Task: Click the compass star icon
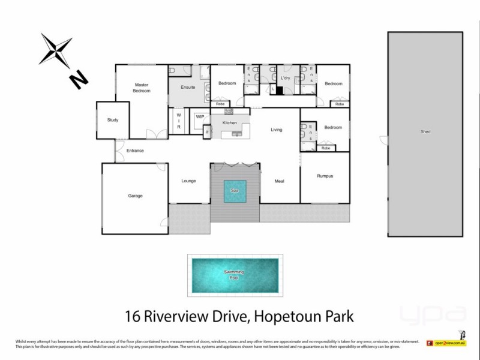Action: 55,49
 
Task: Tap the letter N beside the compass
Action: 79,79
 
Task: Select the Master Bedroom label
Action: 142,88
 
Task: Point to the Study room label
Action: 113,120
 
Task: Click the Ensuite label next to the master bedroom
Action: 187,88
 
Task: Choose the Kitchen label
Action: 230,123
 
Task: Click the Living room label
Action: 276,130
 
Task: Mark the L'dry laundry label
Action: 286,79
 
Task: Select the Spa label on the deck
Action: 235,191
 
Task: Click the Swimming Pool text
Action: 234,275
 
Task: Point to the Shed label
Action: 425,132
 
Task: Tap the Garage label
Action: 135,196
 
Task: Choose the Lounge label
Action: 188,181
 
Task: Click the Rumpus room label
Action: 325,176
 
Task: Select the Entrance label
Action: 135,151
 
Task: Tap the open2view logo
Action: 446,343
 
